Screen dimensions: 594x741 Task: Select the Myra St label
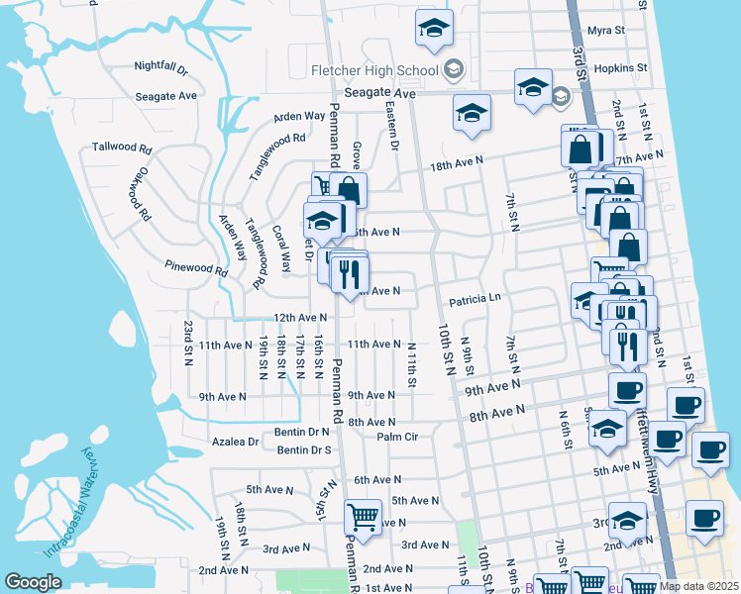click(606, 31)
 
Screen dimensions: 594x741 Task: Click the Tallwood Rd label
click(121, 148)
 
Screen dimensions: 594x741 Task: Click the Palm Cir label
click(397, 437)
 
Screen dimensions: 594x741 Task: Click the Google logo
click(34, 582)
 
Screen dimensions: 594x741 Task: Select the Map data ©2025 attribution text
click(697, 585)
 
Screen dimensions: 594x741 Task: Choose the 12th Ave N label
click(299, 318)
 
